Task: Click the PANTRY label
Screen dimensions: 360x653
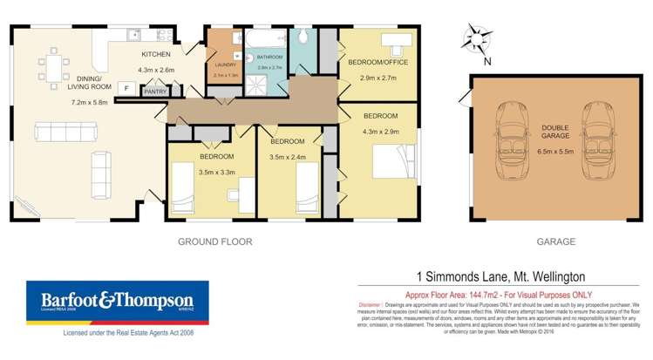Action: pyautogui.click(x=155, y=91)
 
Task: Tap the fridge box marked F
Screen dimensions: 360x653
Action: pyautogui.click(x=125, y=88)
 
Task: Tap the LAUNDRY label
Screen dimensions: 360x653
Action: pyautogui.click(x=225, y=65)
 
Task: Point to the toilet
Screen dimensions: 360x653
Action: pyautogui.click(x=303, y=36)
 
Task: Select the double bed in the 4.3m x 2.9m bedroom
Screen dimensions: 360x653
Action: pyautogui.click(x=389, y=163)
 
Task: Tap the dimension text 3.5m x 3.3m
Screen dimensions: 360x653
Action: pyautogui.click(x=217, y=173)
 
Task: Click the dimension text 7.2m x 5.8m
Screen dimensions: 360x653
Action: pyautogui.click(x=89, y=102)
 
